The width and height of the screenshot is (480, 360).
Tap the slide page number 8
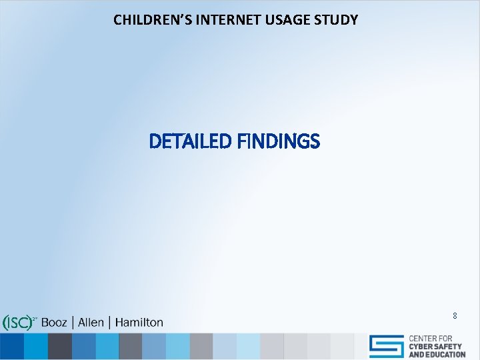[455, 315]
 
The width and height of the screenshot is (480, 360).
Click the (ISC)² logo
[19, 323]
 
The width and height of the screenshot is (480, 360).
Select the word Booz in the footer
[55, 323]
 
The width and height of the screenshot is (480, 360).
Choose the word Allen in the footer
[91, 323]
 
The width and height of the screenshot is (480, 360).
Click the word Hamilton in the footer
[139, 323]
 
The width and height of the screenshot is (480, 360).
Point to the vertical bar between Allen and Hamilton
[109, 323]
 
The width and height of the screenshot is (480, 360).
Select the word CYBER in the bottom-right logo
[422, 347]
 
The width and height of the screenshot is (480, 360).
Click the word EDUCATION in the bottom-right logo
[443, 355]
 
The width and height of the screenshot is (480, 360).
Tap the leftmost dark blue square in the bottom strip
[11, 347]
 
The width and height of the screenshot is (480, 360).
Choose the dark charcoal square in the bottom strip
[59, 347]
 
